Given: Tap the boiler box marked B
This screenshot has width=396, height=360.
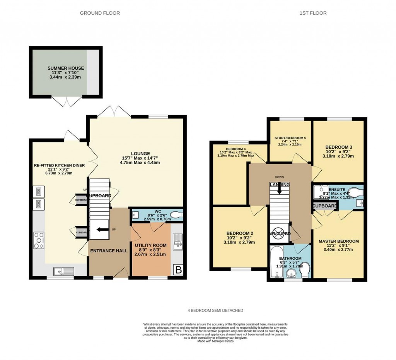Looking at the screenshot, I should (x=178, y=270).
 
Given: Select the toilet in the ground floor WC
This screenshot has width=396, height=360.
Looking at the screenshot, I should (x=176, y=215).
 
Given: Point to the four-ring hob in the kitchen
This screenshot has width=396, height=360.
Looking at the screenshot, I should (x=39, y=240).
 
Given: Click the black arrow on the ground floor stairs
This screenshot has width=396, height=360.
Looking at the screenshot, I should (x=102, y=229).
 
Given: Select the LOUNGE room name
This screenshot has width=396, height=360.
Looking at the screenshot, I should (x=140, y=153).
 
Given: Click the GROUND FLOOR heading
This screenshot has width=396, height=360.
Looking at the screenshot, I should (x=100, y=13).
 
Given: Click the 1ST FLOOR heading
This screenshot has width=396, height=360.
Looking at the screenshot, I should (x=313, y=13).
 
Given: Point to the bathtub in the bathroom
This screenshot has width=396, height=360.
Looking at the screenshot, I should (x=275, y=262).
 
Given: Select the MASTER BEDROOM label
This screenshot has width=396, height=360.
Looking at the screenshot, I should (x=338, y=241).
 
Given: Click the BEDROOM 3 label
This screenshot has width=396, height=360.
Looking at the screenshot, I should (x=338, y=147).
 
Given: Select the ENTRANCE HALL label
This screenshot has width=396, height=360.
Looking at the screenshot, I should (x=109, y=251).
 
